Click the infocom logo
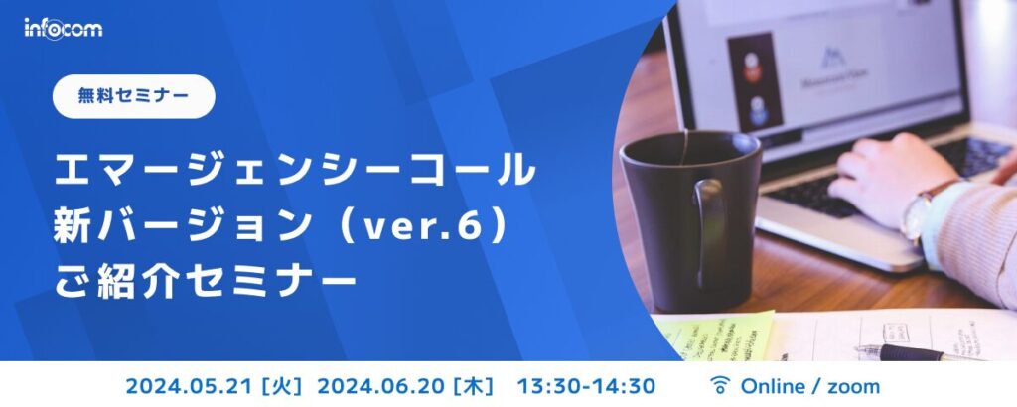(64, 28)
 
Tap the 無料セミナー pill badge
(134, 96)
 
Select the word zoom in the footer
(853, 385)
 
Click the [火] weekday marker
(279, 385)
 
